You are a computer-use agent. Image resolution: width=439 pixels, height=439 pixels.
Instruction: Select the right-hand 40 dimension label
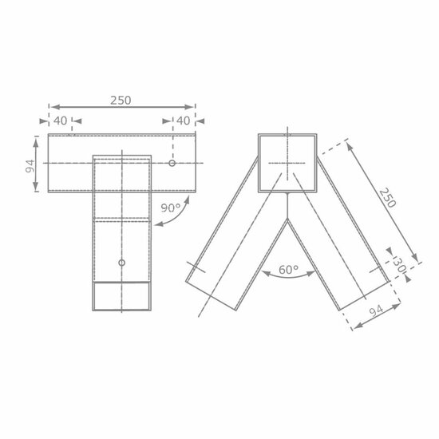(x=184, y=121)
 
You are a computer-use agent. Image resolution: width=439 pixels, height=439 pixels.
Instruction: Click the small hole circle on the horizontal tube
(x=172, y=163)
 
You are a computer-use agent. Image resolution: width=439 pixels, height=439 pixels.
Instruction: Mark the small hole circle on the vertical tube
(x=121, y=263)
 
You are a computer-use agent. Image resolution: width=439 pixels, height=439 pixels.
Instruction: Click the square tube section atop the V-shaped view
(x=286, y=163)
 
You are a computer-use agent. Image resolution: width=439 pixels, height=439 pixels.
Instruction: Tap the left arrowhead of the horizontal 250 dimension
(x=50, y=106)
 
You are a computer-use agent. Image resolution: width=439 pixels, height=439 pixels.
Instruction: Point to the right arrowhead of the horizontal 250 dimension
(x=192, y=106)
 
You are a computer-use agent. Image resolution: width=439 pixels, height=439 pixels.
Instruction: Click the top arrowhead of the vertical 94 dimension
(x=37, y=139)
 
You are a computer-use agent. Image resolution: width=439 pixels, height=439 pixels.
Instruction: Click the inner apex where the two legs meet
(x=286, y=219)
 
